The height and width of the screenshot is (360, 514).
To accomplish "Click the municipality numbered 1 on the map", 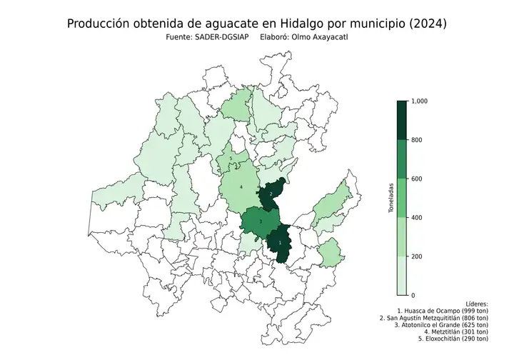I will pyautogui.click(x=279, y=243).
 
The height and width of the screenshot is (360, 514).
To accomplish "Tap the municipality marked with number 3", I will pyautogui.click(x=261, y=222).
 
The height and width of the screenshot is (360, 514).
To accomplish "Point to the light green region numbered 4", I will pyautogui.click(x=241, y=188).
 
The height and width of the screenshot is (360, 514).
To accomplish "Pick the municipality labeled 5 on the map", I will pyautogui.click(x=231, y=159).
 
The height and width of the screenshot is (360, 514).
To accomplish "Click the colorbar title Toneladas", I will pyautogui.click(x=390, y=198).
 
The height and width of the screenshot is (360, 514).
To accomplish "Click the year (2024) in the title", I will pyautogui.click(x=423, y=24).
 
